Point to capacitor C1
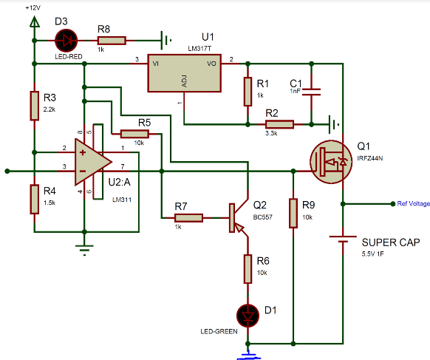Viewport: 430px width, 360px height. (313, 92)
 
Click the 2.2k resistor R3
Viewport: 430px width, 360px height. (33, 106)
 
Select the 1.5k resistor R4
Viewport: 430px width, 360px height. (33, 198)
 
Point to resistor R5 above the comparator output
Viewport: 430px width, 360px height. (134, 134)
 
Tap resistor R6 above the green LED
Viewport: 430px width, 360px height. (248, 267)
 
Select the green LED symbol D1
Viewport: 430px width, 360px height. (248, 313)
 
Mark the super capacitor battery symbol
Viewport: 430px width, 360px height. (343, 242)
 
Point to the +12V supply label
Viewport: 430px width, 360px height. (33, 7)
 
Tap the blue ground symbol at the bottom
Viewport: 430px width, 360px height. (248, 356)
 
